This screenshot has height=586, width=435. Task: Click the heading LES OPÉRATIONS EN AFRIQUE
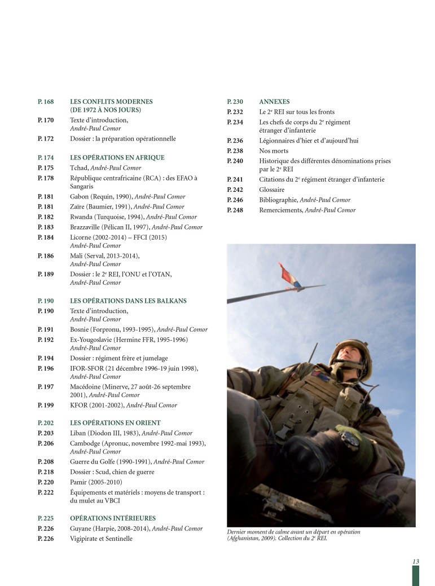[x=117, y=158]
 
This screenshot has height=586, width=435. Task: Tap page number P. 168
[x=46, y=102]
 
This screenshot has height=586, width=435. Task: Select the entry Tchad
[x=80, y=168]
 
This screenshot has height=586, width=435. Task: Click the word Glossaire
[x=272, y=190]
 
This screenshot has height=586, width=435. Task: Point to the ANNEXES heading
[x=274, y=102]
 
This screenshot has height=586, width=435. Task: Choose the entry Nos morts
[x=274, y=151]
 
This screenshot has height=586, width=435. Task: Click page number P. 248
[x=235, y=210]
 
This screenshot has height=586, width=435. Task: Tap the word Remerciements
[x=281, y=210]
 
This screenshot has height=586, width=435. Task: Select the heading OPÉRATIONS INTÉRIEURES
[x=113, y=518]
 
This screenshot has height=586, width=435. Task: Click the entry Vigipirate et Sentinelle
[x=102, y=539]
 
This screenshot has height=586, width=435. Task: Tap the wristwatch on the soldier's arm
[x=350, y=438]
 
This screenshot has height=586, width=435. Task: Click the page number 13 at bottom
[x=415, y=561]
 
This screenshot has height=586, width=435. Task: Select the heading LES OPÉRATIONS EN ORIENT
[x=115, y=422]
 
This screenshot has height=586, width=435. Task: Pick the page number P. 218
[x=46, y=472]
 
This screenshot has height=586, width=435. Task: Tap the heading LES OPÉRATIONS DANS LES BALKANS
[x=128, y=301]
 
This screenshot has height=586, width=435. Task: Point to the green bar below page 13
[x=416, y=575]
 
